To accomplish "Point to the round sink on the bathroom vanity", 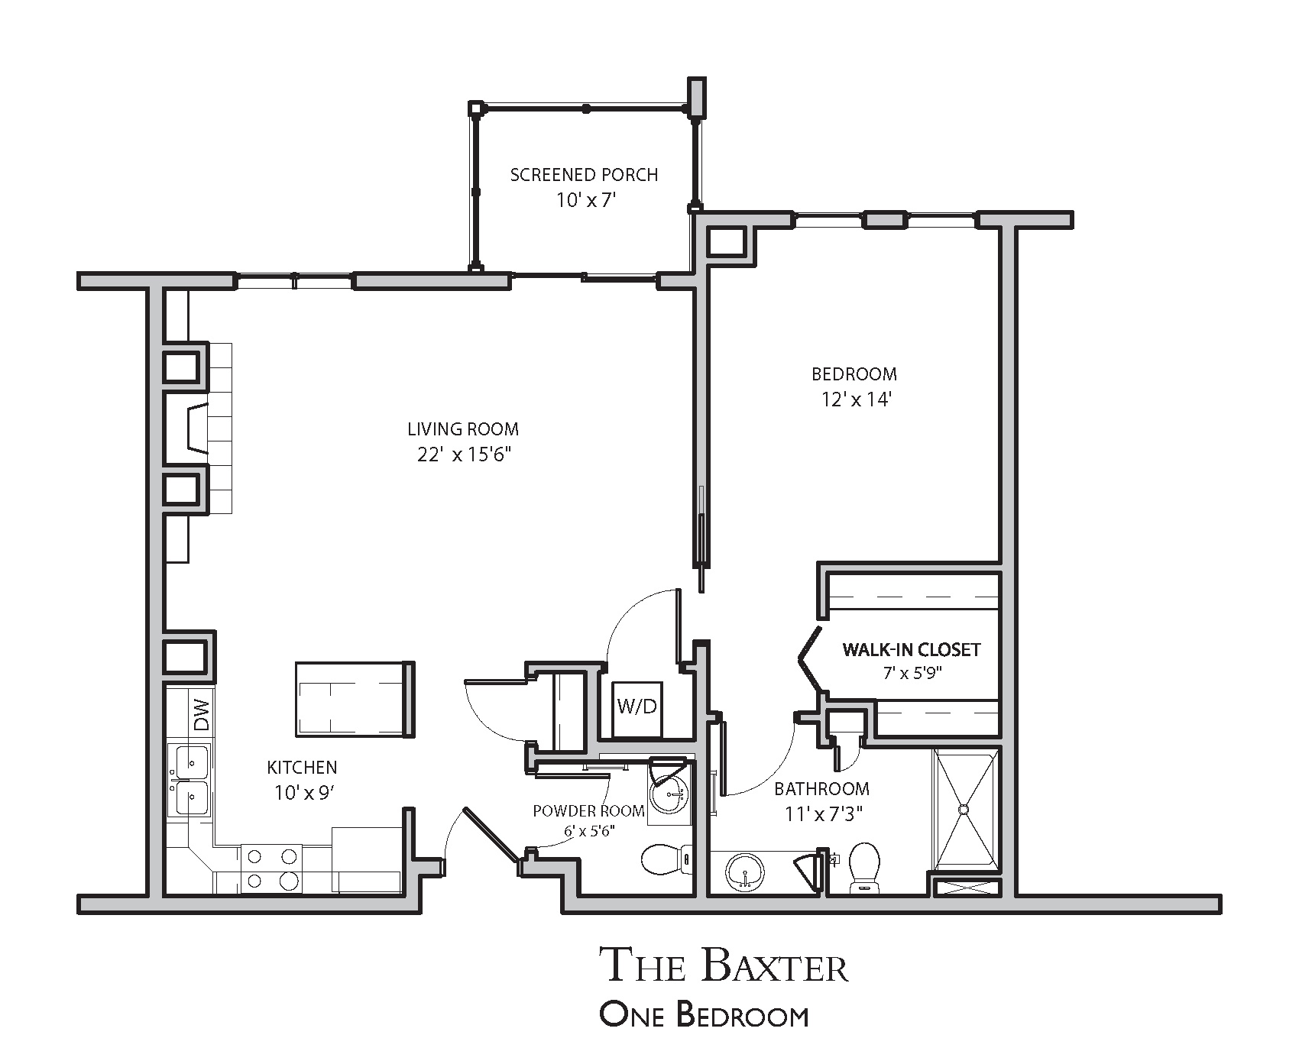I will click(x=745, y=871).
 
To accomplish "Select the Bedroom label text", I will click(x=854, y=374).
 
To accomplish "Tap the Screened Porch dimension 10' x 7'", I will click(x=585, y=200).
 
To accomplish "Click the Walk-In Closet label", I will click(x=911, y=650).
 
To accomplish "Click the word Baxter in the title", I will click(x=774, y=965).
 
